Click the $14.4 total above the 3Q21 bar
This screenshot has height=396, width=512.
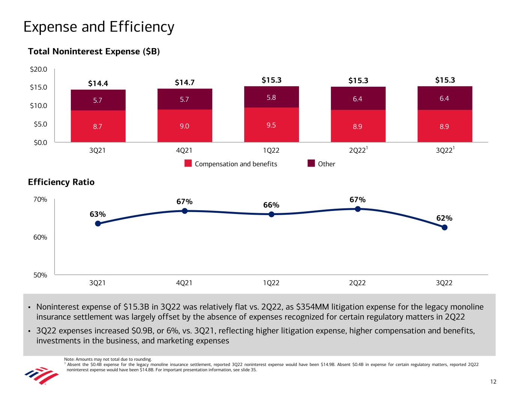pyautogui.click(x=98, y=83)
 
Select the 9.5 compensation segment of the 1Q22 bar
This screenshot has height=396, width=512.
pyautogui.click(x=271, y=125)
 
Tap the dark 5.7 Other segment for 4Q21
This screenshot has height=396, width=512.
pyautogui.click(x=184, y=99)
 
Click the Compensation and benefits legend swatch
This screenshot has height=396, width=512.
pyautogui.click(x=188, y=164)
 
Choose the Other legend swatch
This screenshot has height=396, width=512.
pyautogui.click(x=311, y=163)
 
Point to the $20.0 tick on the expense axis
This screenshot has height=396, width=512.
pyautogui.click(x=39, y=69)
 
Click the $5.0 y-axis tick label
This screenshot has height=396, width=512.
pyautogui.click(x=39, y=124)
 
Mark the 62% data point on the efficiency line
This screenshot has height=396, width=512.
pyautogui.click(x=444, y=227)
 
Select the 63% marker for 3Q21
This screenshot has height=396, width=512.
pyautogui.click(x=98, y=223)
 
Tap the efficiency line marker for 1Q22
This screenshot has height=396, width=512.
pyautogui.click(x=271, y=214)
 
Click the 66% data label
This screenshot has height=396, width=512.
pyautogui.click(x=271, y=205)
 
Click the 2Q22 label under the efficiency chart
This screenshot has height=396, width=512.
pyautogui.click(x=357, y=283)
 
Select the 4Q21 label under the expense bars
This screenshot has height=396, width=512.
pyautogui.click(x=184, y=151)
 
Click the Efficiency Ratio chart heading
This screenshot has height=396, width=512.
pyautogui.click(x=61, y=182)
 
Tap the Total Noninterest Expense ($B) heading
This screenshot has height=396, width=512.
pyautogui.click(x=94, y=52)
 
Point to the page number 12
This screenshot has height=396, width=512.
pyautogui.click(x=493, y=382)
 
